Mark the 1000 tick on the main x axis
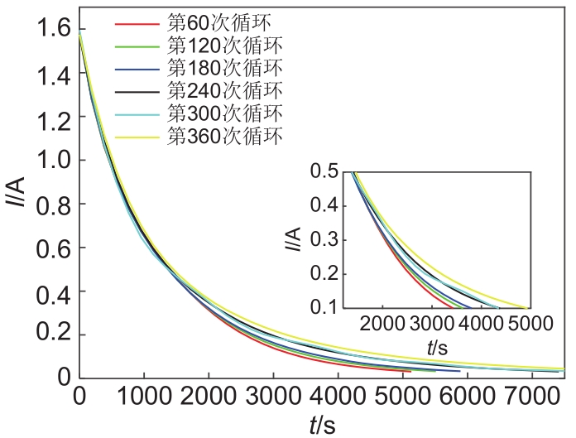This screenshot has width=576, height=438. pos(144,397)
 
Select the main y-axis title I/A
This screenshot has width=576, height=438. pos(17,204)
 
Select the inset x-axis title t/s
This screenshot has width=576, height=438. pos(438,348)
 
